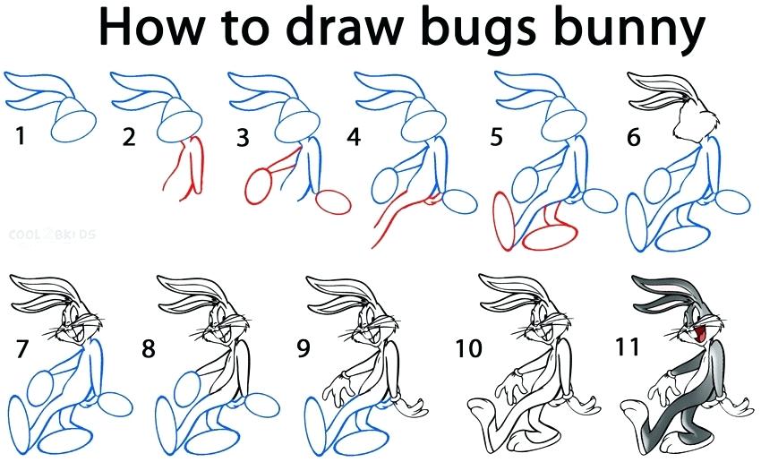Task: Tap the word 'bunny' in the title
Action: (x=628, y=30)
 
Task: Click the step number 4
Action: (x=355, y=138)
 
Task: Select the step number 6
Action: (x=634, y=138)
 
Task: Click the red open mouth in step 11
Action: (x=689, y=334)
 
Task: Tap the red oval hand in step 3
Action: (x=261, y=189)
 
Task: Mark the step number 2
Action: (x=130, y=138)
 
